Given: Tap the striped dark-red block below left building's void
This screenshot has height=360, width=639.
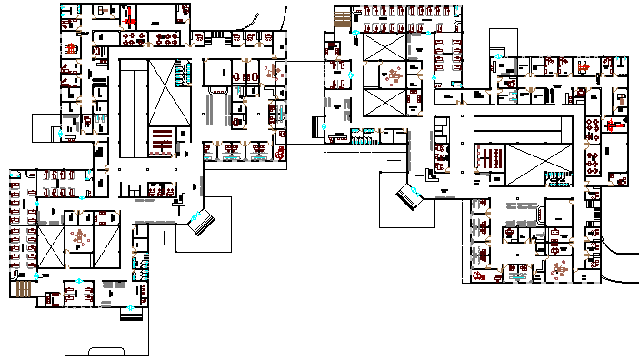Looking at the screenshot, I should point(162,142).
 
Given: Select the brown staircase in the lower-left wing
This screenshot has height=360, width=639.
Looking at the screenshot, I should point(22,288).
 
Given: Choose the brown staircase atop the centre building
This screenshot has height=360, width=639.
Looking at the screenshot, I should point(342,19).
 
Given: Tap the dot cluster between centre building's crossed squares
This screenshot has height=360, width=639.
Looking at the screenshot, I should point(393,76).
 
